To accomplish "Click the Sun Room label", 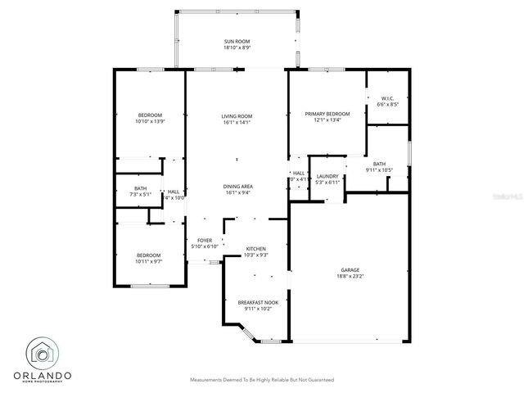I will tap(237, 40).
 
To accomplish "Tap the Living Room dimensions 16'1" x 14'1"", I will tap(237, 123).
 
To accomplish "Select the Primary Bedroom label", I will tap(327, 114).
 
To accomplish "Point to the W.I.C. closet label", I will tap(387, 98).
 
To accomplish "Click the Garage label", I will tap(350, 269).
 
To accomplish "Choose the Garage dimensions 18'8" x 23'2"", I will tap(350, 277).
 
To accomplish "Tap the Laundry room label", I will tap(327, 175).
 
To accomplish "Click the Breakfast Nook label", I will tap(258, 303).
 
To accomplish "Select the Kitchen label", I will tap(256, 249).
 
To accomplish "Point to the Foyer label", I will tap(204, 240).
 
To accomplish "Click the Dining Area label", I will tap(237, 187).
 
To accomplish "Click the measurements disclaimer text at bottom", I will tap(261, 381).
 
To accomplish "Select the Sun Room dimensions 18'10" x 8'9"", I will tap(237, 47).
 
